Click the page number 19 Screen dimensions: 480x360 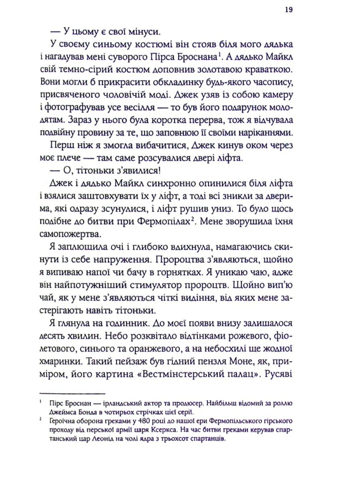pos(289,10)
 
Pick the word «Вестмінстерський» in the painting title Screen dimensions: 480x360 pos(181,374)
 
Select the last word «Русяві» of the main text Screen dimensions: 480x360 pos(279,374)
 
